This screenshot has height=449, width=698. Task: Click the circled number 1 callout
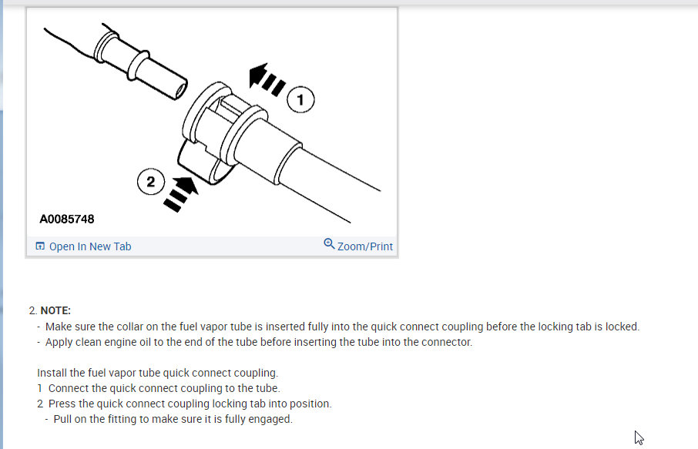(301, 100)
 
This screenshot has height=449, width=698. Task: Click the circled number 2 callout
(151, 182)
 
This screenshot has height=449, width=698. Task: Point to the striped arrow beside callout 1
(266, 79)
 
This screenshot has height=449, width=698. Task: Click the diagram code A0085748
(67, 219)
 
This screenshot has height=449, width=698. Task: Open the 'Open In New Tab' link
(90, 246)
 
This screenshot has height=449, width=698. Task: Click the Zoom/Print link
(364, 246)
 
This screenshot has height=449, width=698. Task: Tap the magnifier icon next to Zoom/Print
(329, 245)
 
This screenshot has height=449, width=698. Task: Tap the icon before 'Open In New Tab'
(40, 246)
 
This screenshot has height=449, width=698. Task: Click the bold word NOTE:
(55, 310)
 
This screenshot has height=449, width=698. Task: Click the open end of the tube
(180, 89)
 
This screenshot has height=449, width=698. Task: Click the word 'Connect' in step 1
(69, 388)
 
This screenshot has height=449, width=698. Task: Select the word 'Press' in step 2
(63, 404)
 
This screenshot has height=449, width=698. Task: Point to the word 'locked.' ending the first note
(622, 327)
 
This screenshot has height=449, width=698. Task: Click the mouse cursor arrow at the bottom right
(639, 437)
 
